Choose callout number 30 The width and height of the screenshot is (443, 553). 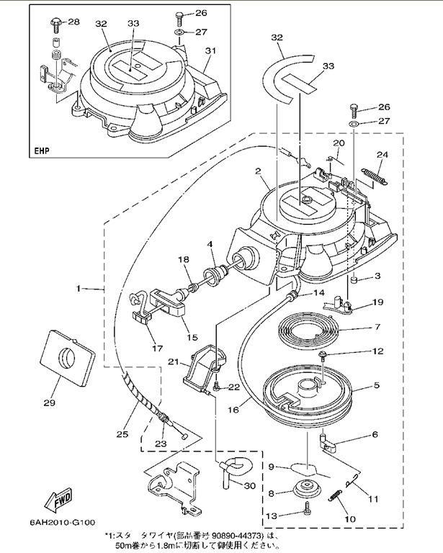point(250,485)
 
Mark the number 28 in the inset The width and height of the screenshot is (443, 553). point(73,22)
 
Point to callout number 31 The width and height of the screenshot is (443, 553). point(210,50)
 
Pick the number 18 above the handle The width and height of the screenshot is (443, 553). point(184,259)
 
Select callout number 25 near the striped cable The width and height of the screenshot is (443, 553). point(122,434)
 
